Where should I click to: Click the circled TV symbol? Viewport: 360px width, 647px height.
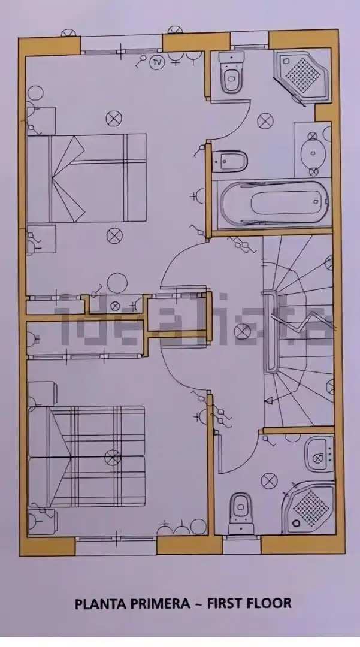pyautogui.click(x=157, y=62)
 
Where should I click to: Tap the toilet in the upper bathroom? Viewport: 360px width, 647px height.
pyautogui.click(x=231, y=72)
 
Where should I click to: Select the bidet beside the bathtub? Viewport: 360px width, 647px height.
pyautogui.click(x=229, y=160)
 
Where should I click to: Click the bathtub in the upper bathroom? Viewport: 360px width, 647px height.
pyautogui.click(x=273, y=204)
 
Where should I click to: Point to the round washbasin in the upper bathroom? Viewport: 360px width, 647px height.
pyautogui.click(x=313, y=153)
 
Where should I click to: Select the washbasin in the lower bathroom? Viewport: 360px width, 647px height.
pyautogui.click(x=319, y=454)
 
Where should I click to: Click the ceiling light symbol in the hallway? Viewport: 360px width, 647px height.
pyautogui.click(x=242, y=331)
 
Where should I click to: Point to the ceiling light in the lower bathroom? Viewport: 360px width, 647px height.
pyautogui.click(x=270, y=480)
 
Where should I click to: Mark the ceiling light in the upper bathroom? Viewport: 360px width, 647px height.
pyautogui.click(x=265, y=121)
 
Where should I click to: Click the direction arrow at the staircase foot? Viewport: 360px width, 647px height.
pyautogui.click(x=268, y=400)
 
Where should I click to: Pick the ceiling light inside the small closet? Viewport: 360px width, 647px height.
pyautogui.click(x=116, y=306)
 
